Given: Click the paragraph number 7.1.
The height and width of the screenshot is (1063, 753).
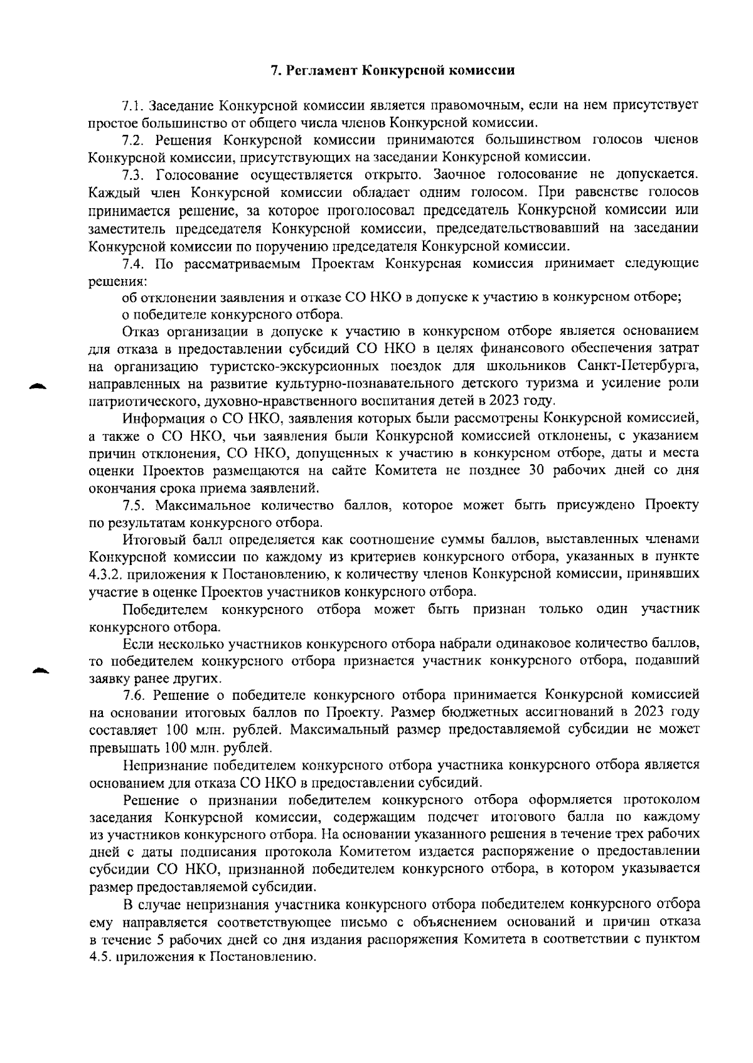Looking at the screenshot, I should [134, 105].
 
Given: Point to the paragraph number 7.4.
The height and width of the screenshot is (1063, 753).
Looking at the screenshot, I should [134, 263].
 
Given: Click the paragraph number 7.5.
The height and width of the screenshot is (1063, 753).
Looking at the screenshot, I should [134, 505].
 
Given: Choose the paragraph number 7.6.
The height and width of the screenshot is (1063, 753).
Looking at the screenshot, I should [134, 695].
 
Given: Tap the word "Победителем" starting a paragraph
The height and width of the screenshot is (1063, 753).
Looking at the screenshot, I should [164, 610].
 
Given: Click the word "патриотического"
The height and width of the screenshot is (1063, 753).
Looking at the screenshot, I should [139, 400].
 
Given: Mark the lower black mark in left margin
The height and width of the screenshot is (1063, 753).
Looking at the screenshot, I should [41, 670].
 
